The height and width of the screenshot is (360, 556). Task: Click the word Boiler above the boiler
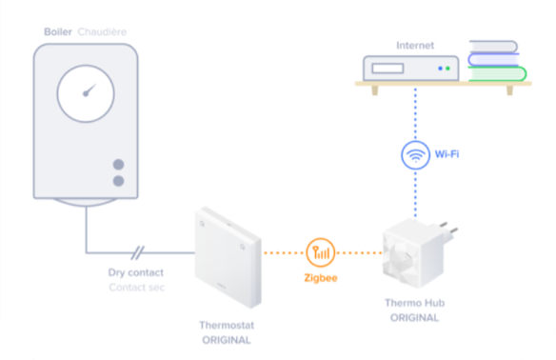tap(58, 32)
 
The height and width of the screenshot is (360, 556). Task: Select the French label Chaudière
tap(102, 32)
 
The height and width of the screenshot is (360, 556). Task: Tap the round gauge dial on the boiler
tap(86, 93)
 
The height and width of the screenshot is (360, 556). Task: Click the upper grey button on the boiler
tap(118, 165)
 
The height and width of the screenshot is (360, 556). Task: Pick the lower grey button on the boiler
tap(118, 181)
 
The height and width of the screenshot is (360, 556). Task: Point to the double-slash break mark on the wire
tap(138, 252)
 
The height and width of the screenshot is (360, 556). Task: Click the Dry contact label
tap(136, 272)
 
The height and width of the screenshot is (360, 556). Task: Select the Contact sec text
tap(136, 288)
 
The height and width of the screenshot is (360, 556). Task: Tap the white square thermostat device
tap(228, 257)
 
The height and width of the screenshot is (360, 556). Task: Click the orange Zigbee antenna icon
tap(321, 252)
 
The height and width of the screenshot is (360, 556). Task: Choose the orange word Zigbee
tap(321, 278)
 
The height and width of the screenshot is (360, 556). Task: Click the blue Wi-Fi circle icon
tap(416, 155)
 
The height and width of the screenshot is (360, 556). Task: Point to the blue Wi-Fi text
tap(447, 154)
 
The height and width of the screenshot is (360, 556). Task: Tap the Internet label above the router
tap(415, 46)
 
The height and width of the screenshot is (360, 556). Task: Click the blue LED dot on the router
tap(441, 69)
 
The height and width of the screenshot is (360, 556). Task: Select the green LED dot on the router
tap(447, 69)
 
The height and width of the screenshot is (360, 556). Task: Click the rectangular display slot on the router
tap(387, 69)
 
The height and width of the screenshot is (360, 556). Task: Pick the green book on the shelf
tap(497, 73)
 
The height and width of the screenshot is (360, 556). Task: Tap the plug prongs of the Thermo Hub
tap(447, 230)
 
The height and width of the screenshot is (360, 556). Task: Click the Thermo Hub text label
tap(415, 303)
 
